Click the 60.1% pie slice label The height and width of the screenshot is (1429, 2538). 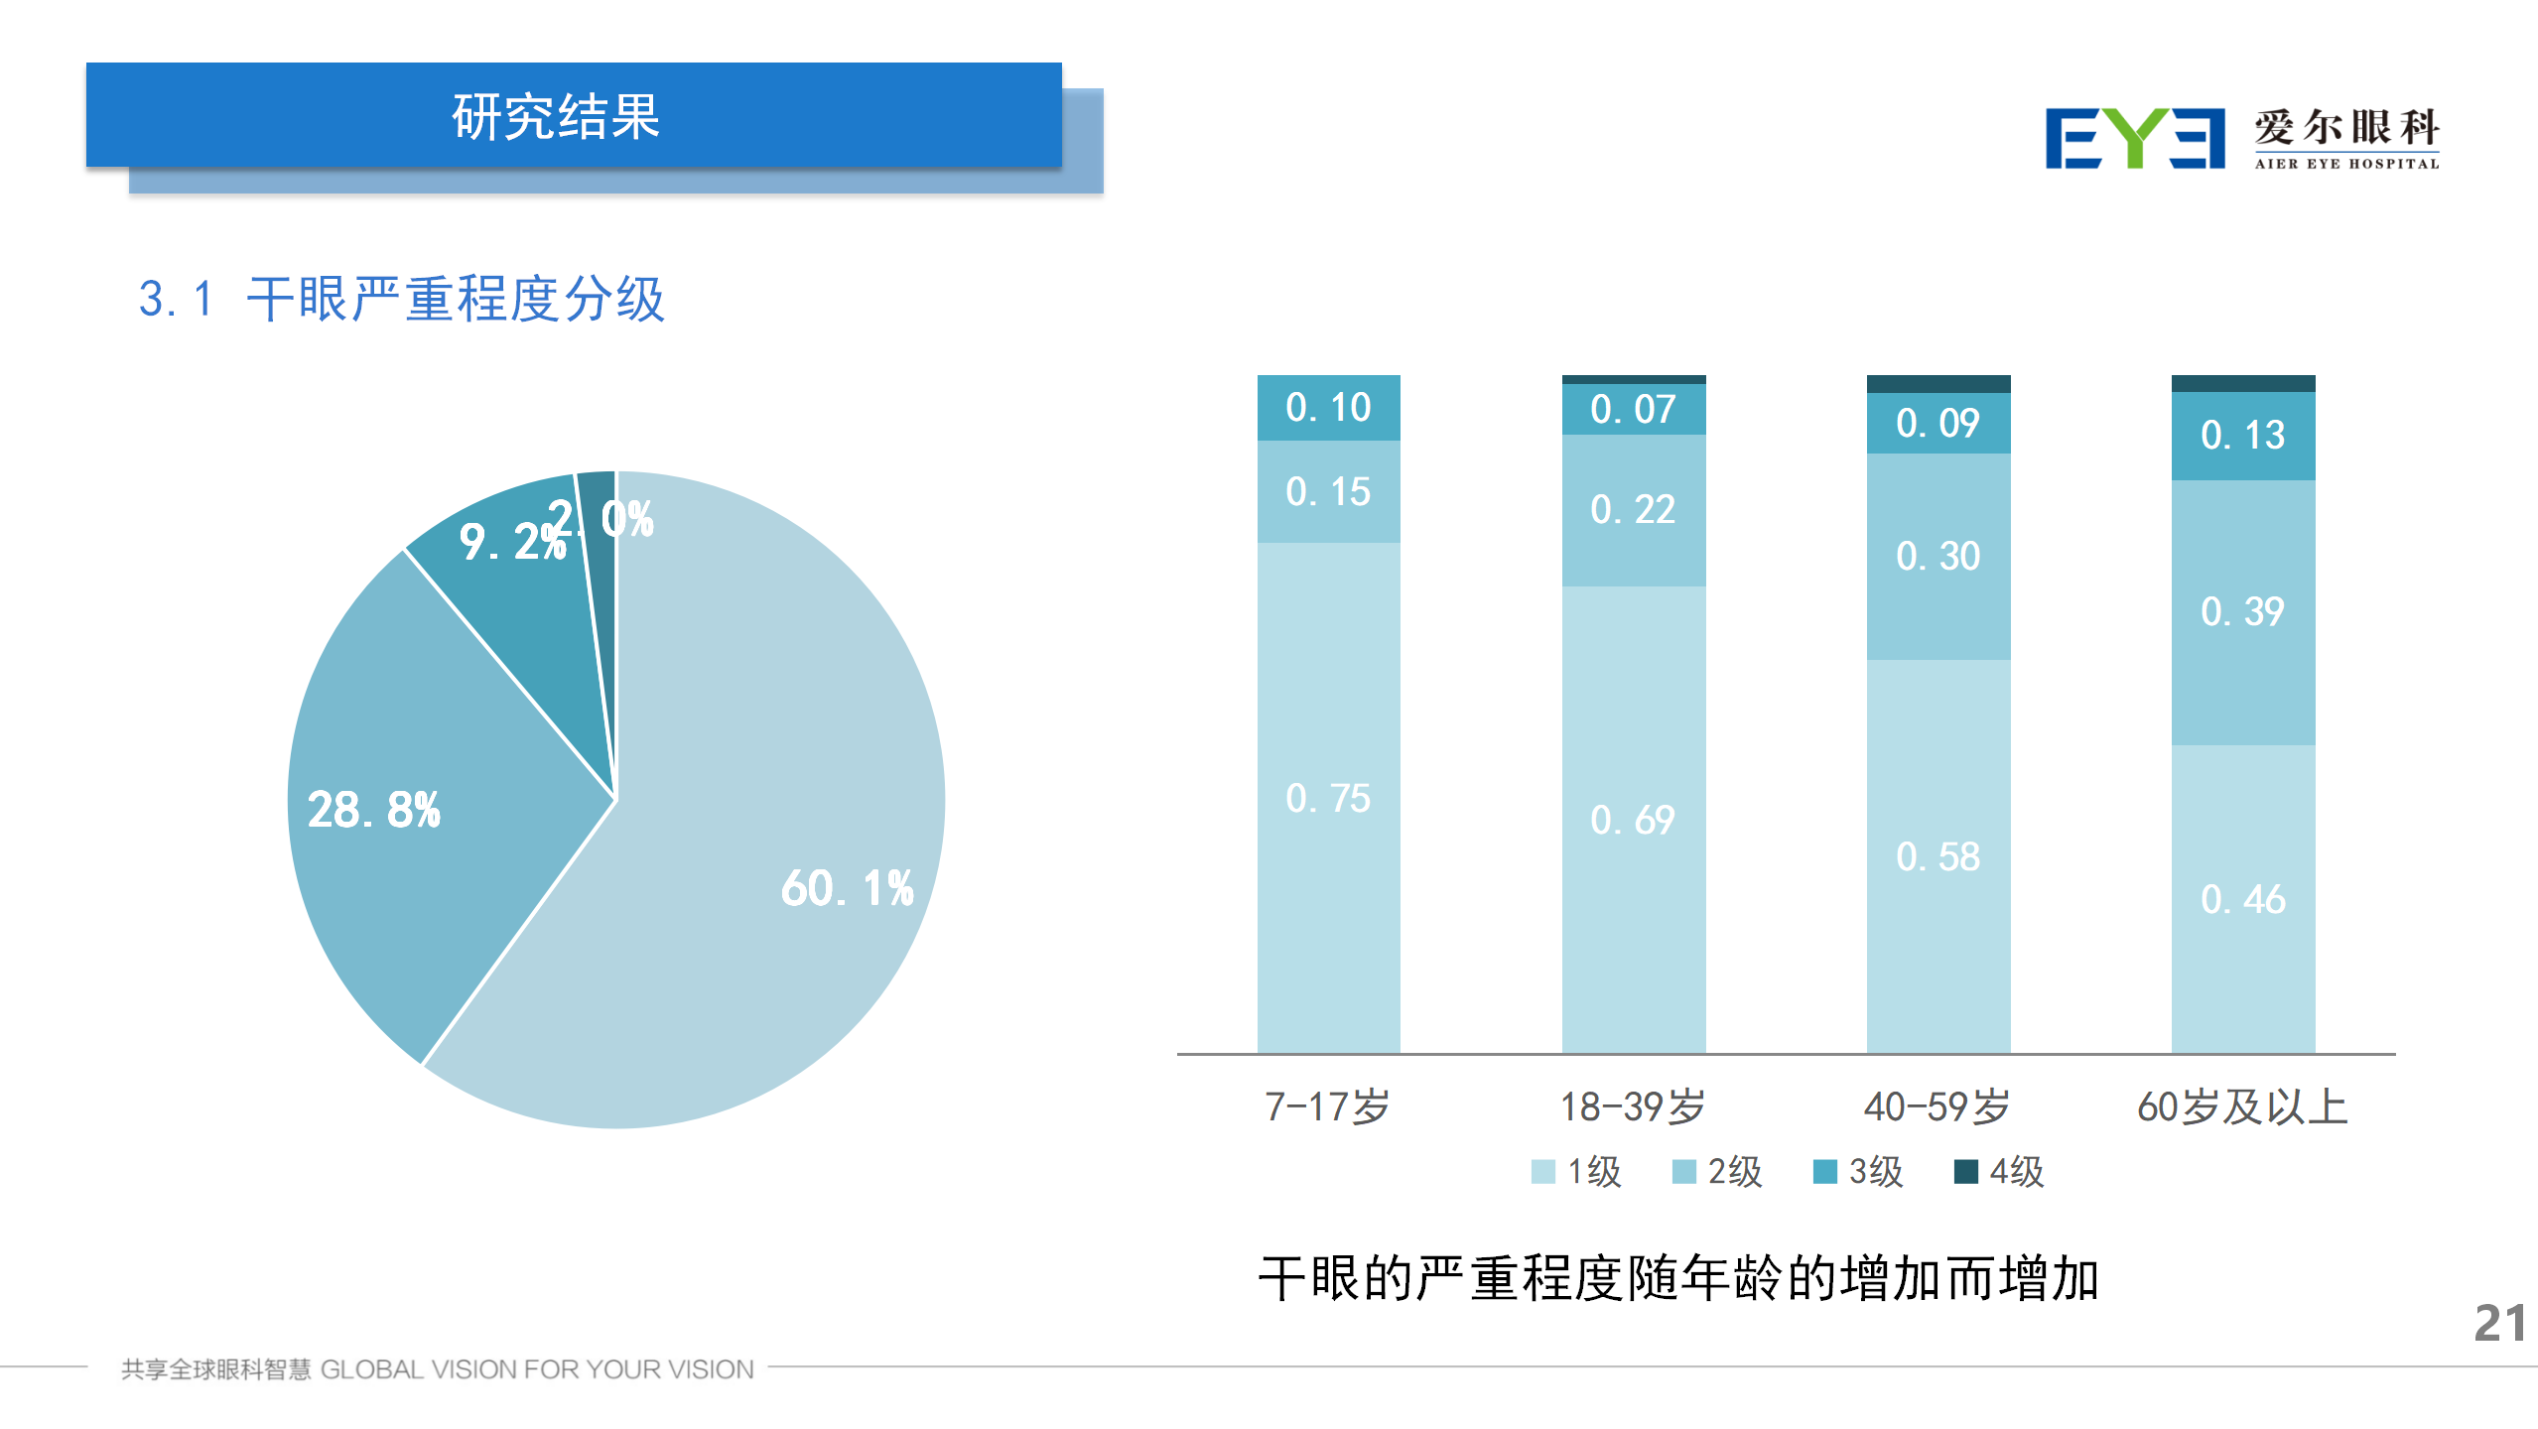pyautogui.click(x=847, y=888)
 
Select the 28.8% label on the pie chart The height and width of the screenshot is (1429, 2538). pyautogui.click(x=373, y=810)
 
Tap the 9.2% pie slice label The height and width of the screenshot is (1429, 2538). pyautogui.click(x=510, y=542)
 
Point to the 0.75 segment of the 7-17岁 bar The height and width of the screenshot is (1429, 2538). pyautogui.click(x=1328, y=798)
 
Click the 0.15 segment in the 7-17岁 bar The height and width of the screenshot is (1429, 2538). pyautogui.click(x=1328, y=491)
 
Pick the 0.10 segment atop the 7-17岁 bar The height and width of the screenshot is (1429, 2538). pyautogui.click(x=1328, y=407)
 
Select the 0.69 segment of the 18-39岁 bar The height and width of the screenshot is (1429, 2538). pyautogui.click(x=1633, y=820)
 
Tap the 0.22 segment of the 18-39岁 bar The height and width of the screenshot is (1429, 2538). pyautogui.click(x=1633, y=509)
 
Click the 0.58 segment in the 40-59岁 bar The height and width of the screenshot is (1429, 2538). pyautogui.click(x=1937, y=856)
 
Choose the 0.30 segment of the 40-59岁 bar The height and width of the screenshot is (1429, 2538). pyautogui.click(x=1937, y=556)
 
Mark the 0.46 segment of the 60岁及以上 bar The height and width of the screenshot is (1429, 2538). pyautogui.click(x=2242, y=899)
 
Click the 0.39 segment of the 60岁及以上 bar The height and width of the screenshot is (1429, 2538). pyautogui.click(x=2242, y=611)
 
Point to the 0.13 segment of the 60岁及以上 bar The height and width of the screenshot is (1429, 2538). pyautogui.click(x=2242, y=435)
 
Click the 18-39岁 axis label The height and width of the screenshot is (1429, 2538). pyautogui.click(x=1633, y=1106)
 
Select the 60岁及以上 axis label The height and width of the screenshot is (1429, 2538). pyautogui.click(x=2242, y=1106)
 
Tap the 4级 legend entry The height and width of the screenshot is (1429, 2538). pyautogui.click(x=1999, y=1172)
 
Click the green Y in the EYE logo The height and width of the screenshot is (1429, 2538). pyautogui.click(x=2134, y=138)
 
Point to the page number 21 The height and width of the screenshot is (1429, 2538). pyautogui.click(x=2499, y=1323)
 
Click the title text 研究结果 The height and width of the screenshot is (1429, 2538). pyautogui.click(x=556, y=117)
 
